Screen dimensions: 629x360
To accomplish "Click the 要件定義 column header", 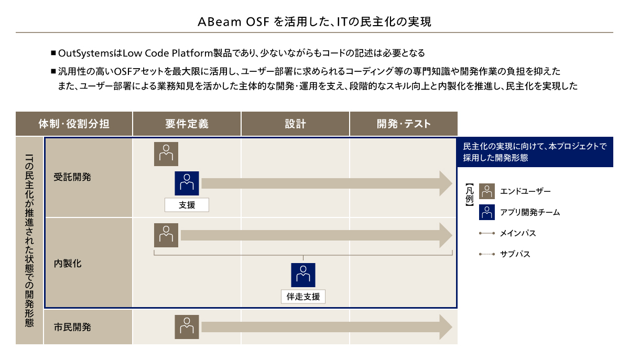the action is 187,124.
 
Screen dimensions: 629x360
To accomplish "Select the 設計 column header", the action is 295,124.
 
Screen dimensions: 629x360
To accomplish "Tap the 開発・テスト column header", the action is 404,124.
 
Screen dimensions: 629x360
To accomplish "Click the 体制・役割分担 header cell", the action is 74,124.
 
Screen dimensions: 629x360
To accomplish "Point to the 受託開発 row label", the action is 72,177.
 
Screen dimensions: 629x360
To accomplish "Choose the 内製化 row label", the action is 68,264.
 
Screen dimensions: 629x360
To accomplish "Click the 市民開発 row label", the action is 72,327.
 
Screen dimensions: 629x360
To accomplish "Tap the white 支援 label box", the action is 187,205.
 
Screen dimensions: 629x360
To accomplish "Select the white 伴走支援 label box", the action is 303,297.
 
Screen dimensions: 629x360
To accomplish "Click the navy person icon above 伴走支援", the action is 303,275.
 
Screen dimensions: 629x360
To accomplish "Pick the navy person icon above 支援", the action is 187,183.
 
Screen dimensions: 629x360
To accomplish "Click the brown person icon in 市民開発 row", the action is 187,327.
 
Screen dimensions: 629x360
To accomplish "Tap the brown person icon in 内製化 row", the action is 166,235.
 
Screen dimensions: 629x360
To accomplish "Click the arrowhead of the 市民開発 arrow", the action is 452,327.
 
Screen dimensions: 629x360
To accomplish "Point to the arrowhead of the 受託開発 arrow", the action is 452,183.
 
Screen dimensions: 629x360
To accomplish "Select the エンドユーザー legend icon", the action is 487,191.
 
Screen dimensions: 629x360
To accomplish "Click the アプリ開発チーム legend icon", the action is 487,212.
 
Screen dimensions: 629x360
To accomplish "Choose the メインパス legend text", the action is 518,233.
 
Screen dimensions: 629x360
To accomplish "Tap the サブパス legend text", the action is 515,254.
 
